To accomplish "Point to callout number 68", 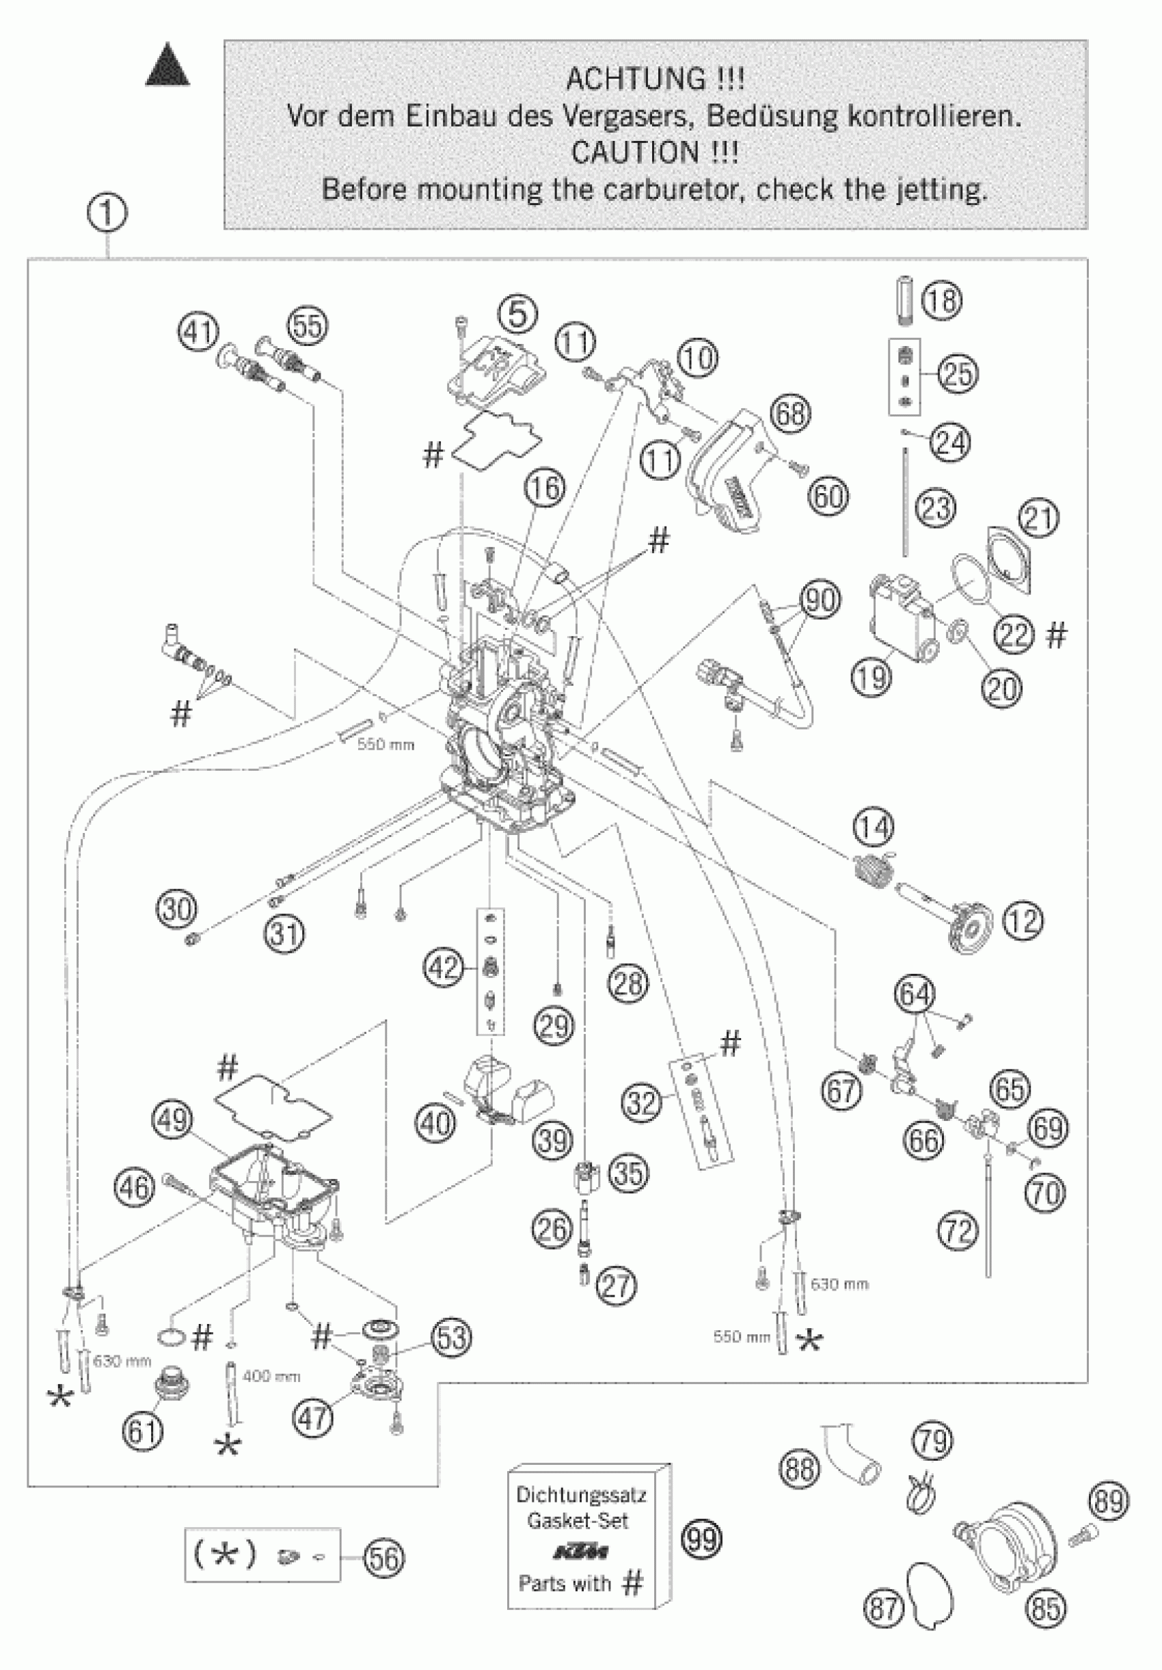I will [790, 413].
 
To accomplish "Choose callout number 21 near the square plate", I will [1039, 518].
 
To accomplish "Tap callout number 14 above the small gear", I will [874, 827].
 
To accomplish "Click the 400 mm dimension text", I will [271, 1376].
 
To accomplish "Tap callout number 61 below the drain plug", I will [143, 1431].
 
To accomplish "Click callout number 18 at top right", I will [942, 300].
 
